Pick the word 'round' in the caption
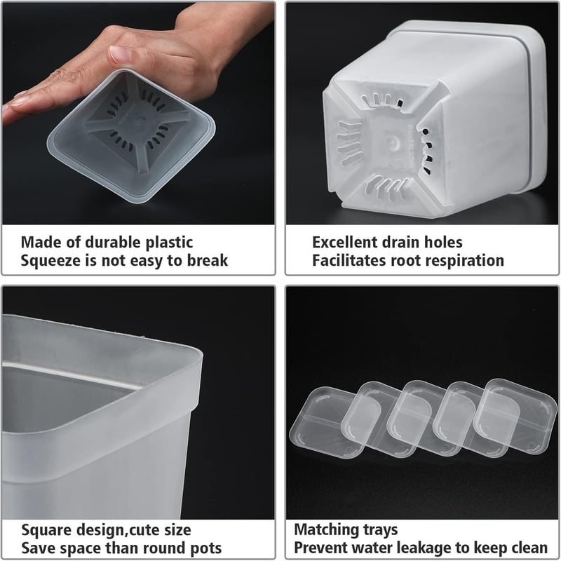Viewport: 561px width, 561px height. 164,548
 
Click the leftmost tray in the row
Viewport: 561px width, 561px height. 325,422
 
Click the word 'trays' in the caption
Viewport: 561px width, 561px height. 380,530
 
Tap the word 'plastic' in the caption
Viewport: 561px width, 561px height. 169,243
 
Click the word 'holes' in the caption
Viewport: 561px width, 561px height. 443,242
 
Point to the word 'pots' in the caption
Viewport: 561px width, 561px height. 206,549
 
